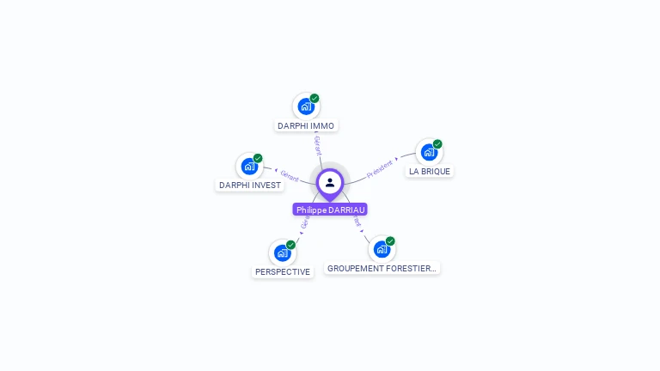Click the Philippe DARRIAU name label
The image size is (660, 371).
coord(330,210)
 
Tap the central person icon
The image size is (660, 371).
coord(330,182)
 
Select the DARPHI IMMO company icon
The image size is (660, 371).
coord(305,106)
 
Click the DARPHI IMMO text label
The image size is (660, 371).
coord(306,126)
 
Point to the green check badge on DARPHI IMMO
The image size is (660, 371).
coord(315,98)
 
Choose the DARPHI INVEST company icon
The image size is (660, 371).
coord(249,166)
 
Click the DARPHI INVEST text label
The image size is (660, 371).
coord(250,185)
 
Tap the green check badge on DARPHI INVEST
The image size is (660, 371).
coord(258,158)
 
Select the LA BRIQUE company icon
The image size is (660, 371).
coord(429,152)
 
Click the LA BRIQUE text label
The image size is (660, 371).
coord(430,171)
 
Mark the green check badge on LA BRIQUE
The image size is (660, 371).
coord(437,144)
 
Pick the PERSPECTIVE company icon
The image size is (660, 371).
coord(282,252)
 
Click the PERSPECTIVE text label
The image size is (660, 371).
coord(283,271)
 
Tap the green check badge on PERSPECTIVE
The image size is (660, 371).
coord(290,245)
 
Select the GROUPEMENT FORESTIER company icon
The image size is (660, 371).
coord(382,249)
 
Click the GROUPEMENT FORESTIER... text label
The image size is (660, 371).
coord(382,268)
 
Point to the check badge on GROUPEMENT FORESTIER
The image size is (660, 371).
coord(390,241)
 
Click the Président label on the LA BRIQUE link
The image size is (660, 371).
coord(380,168)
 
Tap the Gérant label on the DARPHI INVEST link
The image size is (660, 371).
coord(289,176)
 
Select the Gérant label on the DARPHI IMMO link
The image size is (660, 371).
coord(318,144)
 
